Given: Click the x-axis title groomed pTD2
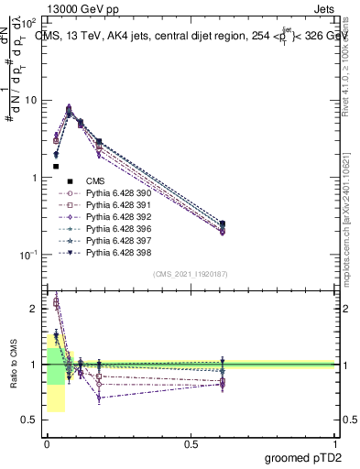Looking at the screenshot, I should (x=305, y=457).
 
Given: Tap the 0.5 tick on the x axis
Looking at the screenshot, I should (x=191, y=444).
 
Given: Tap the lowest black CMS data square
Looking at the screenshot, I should (x=56, y=167).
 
